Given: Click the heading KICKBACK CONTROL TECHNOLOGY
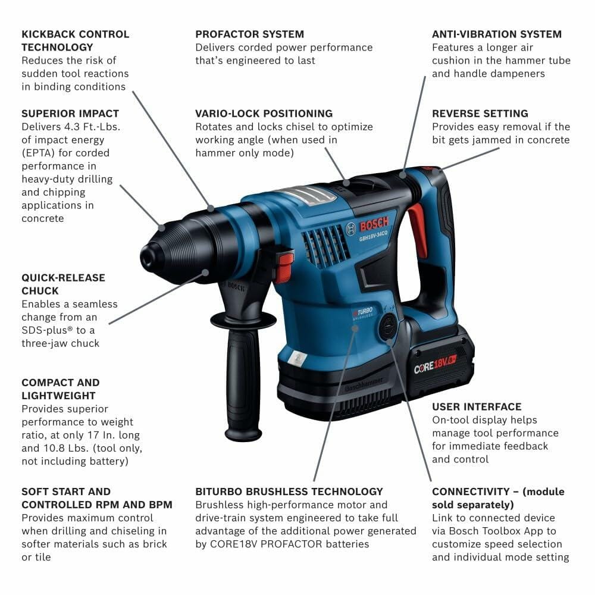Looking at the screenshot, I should point(75,40).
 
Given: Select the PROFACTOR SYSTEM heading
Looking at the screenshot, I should point(249,34).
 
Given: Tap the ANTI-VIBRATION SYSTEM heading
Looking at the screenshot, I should point(496,34).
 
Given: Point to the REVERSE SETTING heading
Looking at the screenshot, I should point(480,113).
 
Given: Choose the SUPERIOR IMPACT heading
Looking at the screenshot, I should point(70,113).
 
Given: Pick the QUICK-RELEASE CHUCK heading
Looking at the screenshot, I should point(63,284).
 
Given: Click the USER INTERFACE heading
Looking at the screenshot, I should point(477,407).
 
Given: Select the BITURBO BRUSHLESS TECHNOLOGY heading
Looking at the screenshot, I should point(289,491).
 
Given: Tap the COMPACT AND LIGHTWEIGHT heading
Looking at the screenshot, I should point(61,389).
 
